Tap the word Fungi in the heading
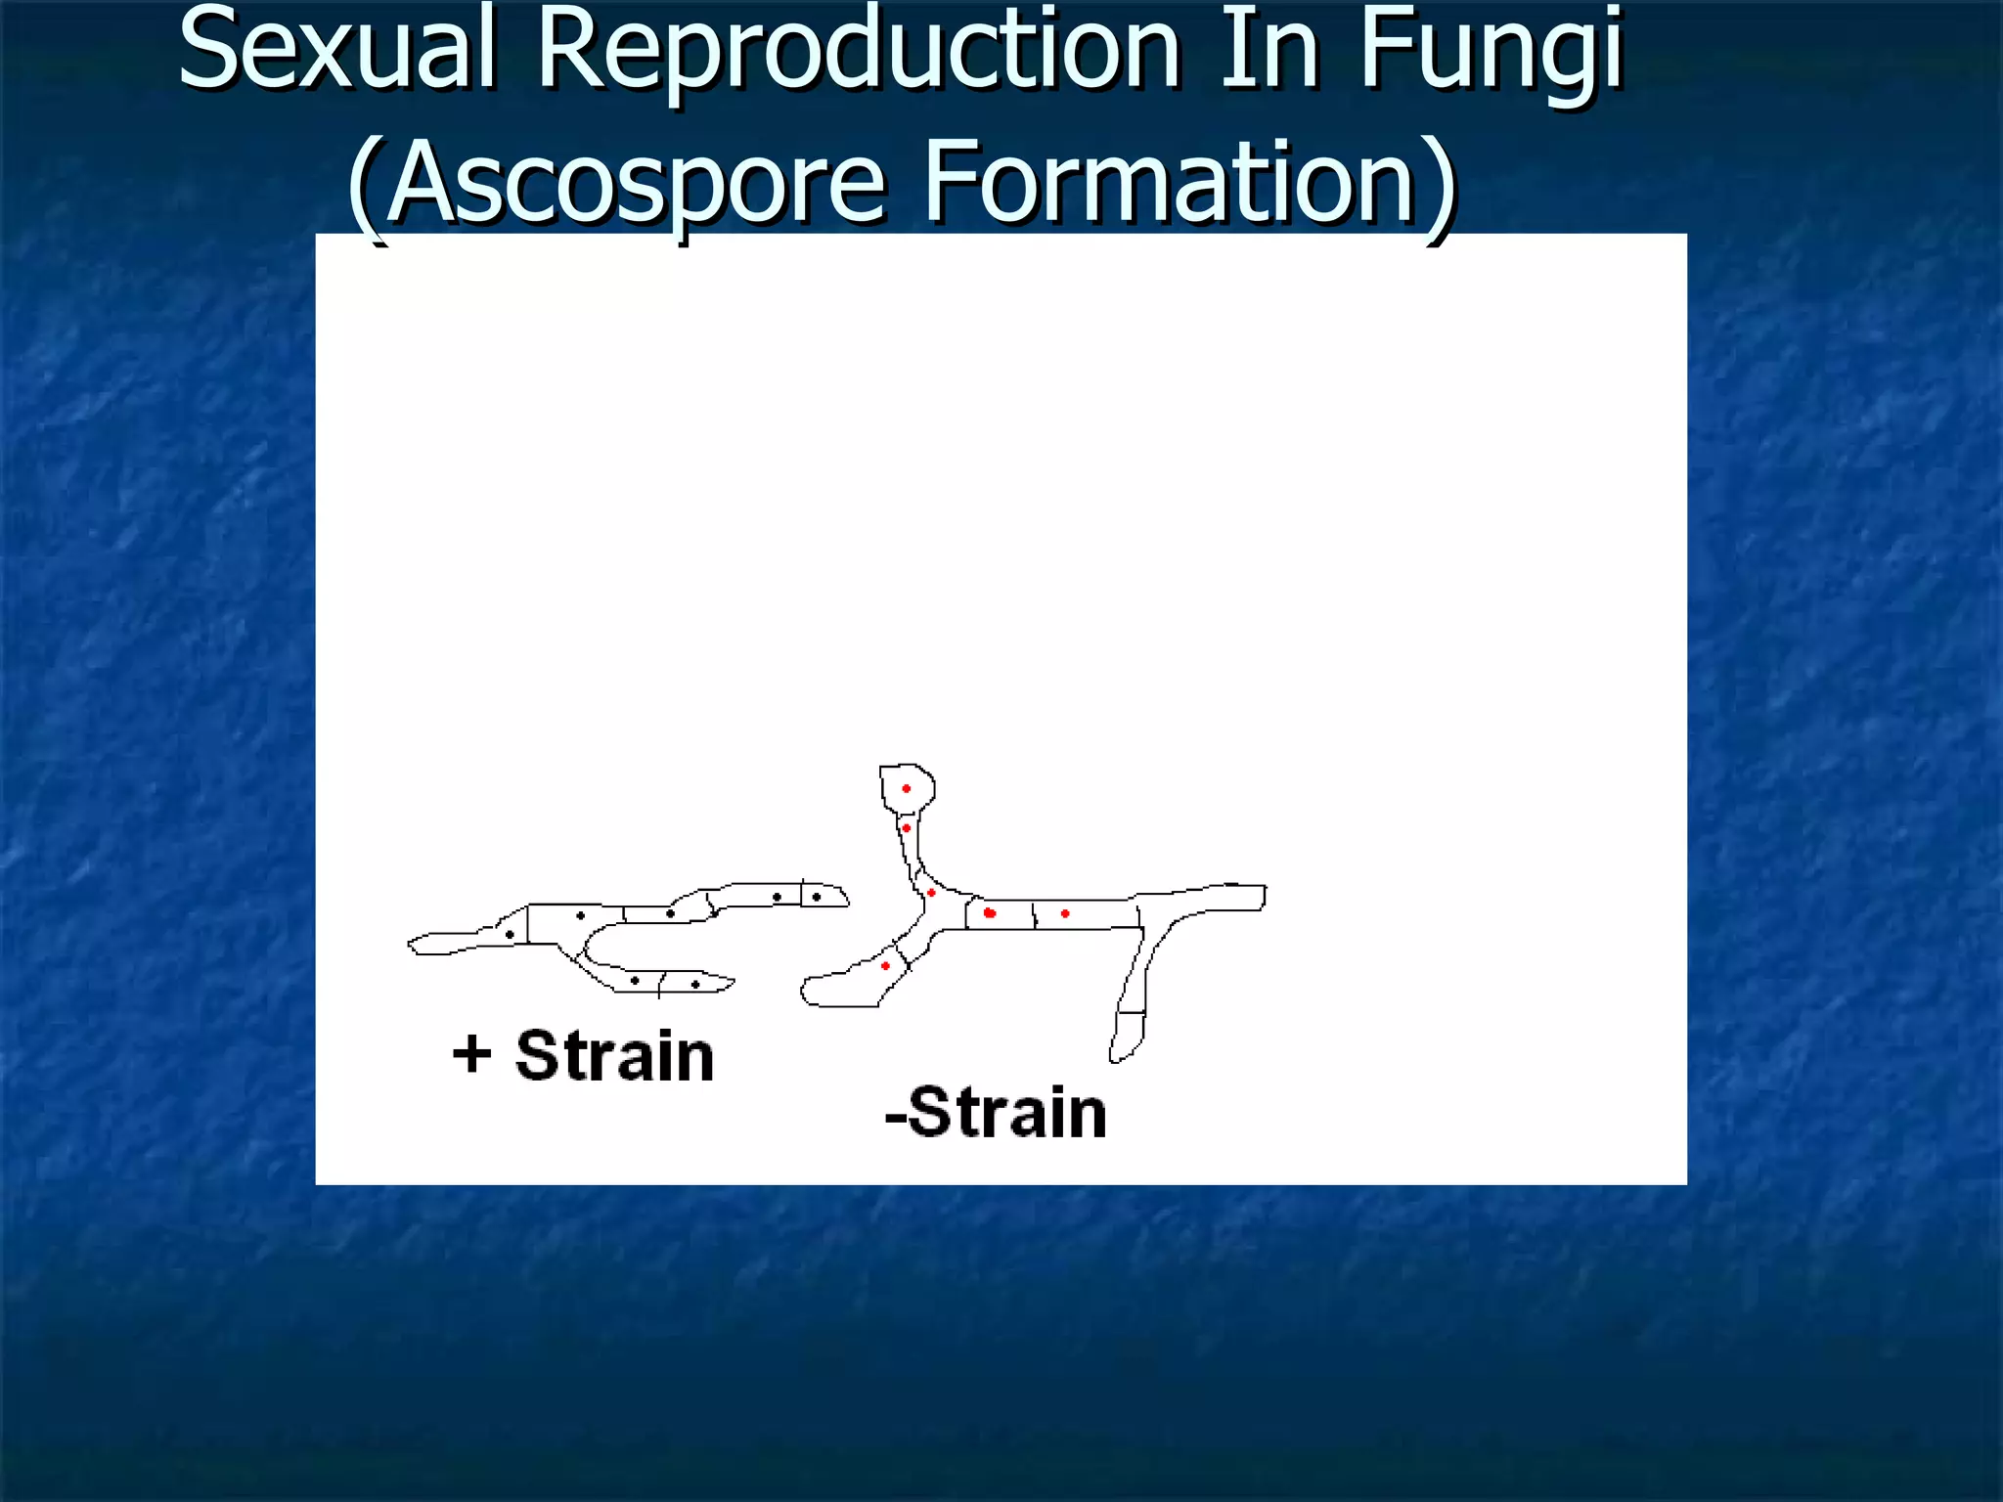point(1491,54)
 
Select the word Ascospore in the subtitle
point(636,182)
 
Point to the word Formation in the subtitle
point(1169,182)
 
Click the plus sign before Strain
point(471,1055)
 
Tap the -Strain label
point(996,1113)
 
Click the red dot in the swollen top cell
point(907,788)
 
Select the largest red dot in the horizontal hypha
point(990,913)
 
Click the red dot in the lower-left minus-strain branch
point(885,966)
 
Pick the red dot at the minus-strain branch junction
point(931,893)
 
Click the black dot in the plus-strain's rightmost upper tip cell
point(817,897)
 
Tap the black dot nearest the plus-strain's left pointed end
point(510,935)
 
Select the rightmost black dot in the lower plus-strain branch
point(695,984)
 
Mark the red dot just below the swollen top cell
point(907,828)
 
